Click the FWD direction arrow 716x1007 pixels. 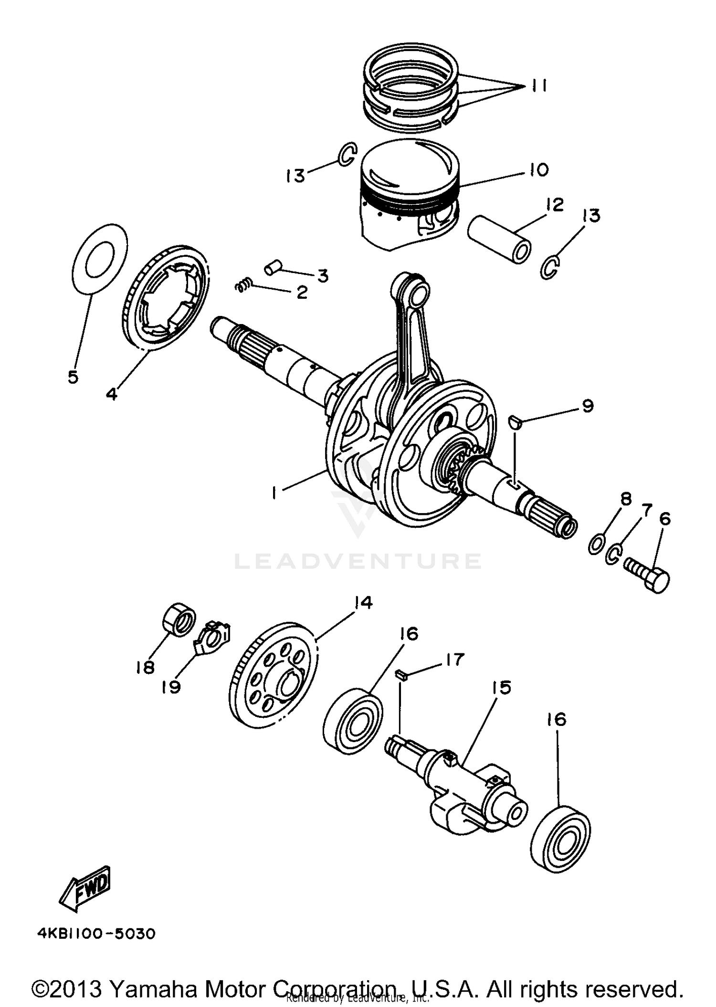(x=86, y=889)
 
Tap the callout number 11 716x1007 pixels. (x=538, y=86)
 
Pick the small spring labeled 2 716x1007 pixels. (x=243, y=285)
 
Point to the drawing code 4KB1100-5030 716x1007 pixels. (x=96, y=934)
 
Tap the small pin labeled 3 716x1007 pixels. (x=274, y=268)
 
